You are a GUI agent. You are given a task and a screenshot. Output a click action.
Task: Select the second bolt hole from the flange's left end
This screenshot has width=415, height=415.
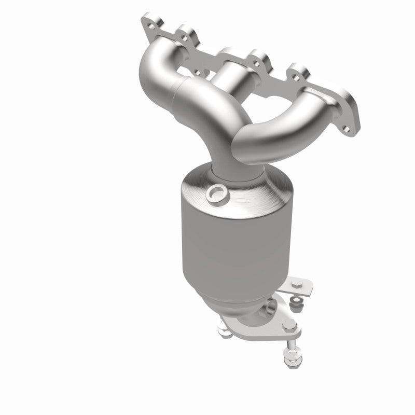pos(183,36)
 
